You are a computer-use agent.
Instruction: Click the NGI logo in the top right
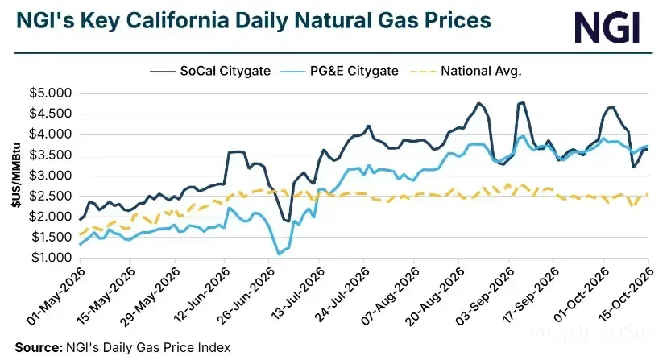pyautogui.click(x=607, y=27)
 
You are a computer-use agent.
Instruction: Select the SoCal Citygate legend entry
pyautogui.click(x=210, y=71)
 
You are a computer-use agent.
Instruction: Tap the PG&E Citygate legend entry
pyautogui.click(x=339, y=71)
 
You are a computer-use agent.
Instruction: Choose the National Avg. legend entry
pyautogui.click(x=466, y=71)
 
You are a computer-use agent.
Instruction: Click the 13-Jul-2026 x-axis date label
pyautogui.click(x=298, y=294)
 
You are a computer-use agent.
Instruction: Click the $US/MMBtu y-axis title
pyautogui.click(x=16, y=175)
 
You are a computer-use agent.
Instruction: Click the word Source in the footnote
pyautogui.click(x=39, y=347)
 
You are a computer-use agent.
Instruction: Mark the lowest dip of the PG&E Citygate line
pyautogui.click(x=279, y=254)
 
